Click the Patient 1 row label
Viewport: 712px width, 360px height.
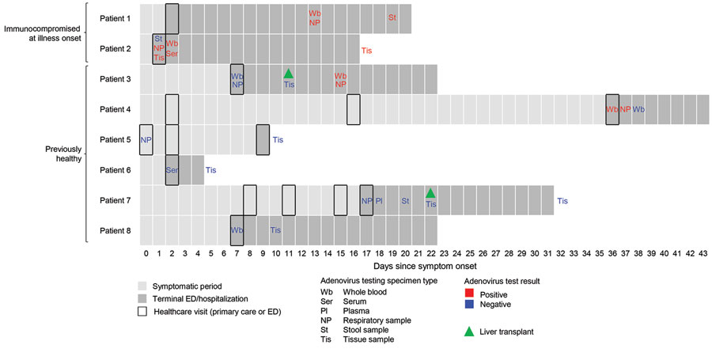(x=115, y=19)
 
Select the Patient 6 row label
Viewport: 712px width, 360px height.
(x=115, y=170)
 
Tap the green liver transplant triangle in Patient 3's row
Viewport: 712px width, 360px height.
(x=288, y=74)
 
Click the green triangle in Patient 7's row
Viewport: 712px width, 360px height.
(x=430, y=193)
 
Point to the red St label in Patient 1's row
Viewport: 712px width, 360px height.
(x=392, y=17)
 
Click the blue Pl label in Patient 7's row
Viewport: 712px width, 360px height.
(x=379, y=201)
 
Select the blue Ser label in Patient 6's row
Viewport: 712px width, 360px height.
(x=172, y=170)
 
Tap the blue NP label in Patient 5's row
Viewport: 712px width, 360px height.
(x=146, y=140)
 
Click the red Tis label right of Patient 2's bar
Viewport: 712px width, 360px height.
(x=366, y=51)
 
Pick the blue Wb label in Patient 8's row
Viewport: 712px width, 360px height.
(x=237, y=230)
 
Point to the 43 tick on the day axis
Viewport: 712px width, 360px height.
(x=703, y=253)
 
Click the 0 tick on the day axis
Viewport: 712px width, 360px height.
(x=146, y=253)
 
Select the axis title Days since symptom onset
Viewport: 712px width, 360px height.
(x=425, y=266)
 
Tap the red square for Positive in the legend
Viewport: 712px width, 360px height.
(x=469, y=294)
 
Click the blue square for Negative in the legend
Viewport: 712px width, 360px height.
(x=469, y=304)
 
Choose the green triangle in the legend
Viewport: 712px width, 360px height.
(x=469, y=332)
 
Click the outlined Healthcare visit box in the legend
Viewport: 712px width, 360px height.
(x=142, y=312)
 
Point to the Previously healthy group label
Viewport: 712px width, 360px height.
(x=63, y=154)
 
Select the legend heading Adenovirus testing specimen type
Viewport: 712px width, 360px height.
(x=379, y=281)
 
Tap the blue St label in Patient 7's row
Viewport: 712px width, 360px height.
(x=405, y=201)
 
